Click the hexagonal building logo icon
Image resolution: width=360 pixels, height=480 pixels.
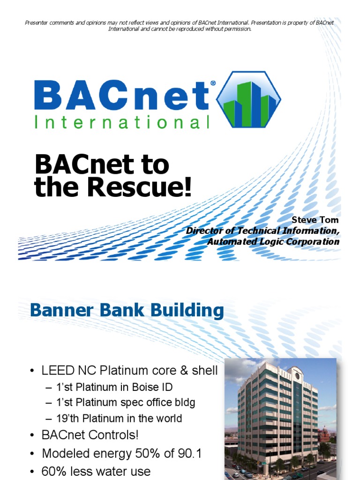(248, 99)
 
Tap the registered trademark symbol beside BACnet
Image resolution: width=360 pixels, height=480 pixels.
(213, 83)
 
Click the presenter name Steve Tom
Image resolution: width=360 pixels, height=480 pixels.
(315, 220)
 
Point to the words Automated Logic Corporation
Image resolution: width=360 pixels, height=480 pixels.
(273, 242)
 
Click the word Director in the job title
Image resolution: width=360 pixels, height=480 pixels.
(204, 231)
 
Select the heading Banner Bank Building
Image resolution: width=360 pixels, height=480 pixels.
(127, 311)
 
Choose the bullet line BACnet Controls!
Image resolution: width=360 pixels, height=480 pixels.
(90, 435)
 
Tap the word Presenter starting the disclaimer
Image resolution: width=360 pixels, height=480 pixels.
(37, 22)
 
